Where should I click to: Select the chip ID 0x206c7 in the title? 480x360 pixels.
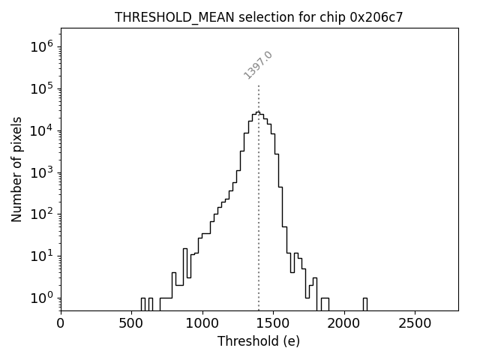click(x=376, y=17)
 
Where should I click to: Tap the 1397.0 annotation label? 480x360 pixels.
click(x=258, y=65)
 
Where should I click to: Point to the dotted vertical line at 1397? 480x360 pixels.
click(x=259, y=187)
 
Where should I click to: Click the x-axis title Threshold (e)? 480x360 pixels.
click(x=259, y=341)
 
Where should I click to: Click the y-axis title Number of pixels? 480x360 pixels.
click(x=17, y=169)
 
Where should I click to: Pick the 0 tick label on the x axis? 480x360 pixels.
click(x=61, y=323)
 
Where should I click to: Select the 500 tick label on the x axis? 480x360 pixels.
click(x=131, y=323)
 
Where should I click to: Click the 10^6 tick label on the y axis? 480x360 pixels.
click(x=42, y=46)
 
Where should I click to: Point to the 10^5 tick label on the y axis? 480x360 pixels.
click(x=42, y=88)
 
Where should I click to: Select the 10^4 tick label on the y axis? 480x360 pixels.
click(x=42, y=130)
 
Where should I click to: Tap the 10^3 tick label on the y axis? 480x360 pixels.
click(x=42, y=172)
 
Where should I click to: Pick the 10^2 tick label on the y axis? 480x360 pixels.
click(x=42, y=214)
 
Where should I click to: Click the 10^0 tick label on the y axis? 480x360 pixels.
click(x=42, y=298)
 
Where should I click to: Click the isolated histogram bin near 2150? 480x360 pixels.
click(x=364, y=303)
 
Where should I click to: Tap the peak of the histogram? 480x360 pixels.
click(x=257, y=112)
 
